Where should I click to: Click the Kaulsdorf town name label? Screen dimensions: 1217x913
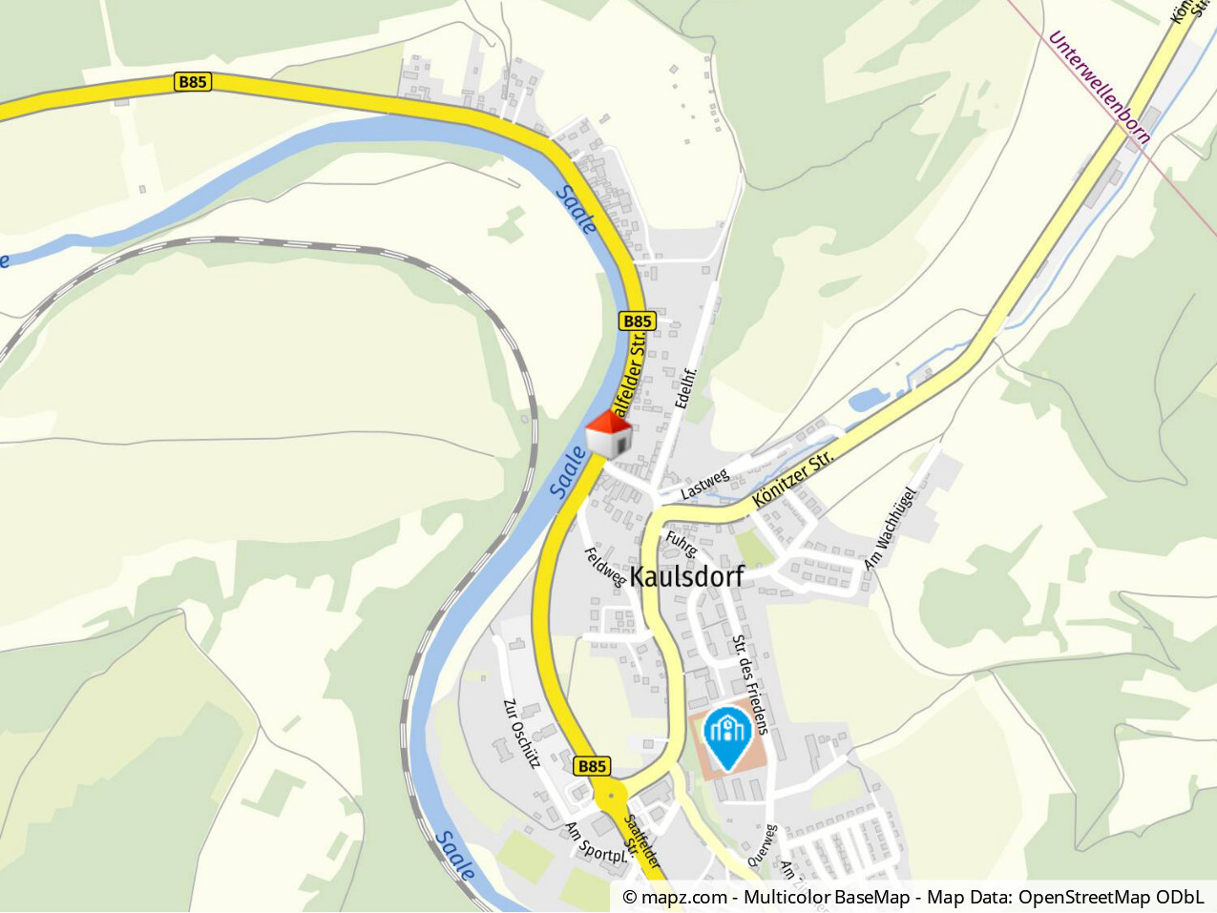coord(686,576)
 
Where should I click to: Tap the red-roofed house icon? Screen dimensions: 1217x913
coord(609,436)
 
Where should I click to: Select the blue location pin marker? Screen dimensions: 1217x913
coord(727,737)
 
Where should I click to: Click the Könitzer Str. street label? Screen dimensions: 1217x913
coord(792,479)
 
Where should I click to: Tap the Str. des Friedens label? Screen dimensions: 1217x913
coord(750,684)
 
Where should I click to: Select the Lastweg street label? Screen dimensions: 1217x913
coord(704,485)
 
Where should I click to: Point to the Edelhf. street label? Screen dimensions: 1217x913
coord(686,388)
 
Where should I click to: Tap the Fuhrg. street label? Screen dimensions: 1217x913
coord(682,544)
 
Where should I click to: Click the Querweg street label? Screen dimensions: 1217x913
coord(763,845)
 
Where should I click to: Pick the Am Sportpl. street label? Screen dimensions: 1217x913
coord(597,843)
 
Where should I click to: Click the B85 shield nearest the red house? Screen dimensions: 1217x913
coord(638,322)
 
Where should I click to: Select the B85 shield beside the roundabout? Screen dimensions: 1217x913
coord(592,766)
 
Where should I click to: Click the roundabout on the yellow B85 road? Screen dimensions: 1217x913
coord(609,794)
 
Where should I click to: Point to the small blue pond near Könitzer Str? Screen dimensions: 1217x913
coord(868,400)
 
